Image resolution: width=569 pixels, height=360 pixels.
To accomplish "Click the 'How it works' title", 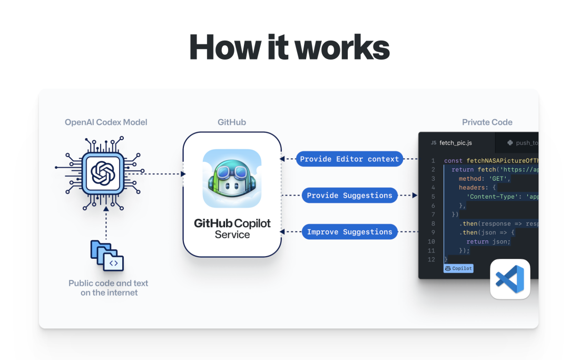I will coord(289,47).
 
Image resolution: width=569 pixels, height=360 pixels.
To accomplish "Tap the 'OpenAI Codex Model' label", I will coord(106,122).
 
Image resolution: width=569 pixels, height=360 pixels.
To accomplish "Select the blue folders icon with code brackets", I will coord(107,255).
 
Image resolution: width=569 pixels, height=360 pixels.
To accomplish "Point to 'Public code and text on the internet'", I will coord(109,288).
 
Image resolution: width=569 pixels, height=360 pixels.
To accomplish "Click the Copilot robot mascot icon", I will coord(232,179).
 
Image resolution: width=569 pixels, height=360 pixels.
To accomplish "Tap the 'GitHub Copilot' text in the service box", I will coord(232,223).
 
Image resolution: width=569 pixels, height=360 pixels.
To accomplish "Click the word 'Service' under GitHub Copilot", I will coord(232,235).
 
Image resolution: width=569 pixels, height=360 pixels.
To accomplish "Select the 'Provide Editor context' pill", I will coord(349,159).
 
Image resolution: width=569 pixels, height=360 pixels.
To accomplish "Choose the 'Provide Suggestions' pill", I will coord(349,196).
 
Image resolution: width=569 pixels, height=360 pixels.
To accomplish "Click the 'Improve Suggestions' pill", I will coord(349,232).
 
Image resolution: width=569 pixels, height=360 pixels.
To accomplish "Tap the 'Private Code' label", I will coord(487,122).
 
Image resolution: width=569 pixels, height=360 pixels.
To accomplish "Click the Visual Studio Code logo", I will coord(510,279).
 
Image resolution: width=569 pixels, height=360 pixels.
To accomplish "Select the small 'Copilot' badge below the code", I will coord(458,268).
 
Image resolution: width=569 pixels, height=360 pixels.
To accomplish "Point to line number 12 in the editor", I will coord(431,259).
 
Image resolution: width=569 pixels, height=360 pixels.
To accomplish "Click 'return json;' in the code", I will coord(488,241).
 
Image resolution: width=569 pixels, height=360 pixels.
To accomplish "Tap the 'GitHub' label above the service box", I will coord(232,122).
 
